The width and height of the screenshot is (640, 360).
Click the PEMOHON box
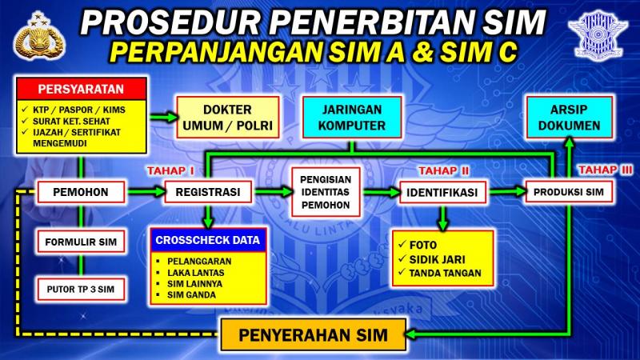point(81,192)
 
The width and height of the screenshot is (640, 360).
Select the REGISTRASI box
point(208,192)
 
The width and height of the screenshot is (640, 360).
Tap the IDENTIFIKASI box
point(442,192)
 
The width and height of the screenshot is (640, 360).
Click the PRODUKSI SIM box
point(569,192)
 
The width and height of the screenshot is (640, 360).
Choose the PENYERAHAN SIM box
point(313,334)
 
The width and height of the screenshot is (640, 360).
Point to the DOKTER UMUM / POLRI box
point(228,117)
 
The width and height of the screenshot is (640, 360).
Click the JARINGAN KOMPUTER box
point(352,117)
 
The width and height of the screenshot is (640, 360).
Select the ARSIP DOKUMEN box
point(569,117)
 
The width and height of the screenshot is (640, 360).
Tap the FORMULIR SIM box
point(81,242)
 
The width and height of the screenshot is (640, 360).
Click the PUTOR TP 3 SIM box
point(81,290)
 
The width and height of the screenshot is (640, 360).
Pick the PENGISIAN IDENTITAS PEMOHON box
point(326,192)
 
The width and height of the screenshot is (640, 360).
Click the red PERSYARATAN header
point(82,89)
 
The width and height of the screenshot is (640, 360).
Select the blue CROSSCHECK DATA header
point(208,240)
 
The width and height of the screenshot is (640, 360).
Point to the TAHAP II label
point(444,170)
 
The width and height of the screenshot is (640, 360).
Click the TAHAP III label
point(605,170)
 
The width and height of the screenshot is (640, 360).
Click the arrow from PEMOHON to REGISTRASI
point(146,191)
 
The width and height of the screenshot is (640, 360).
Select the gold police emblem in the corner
point(39,35)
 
